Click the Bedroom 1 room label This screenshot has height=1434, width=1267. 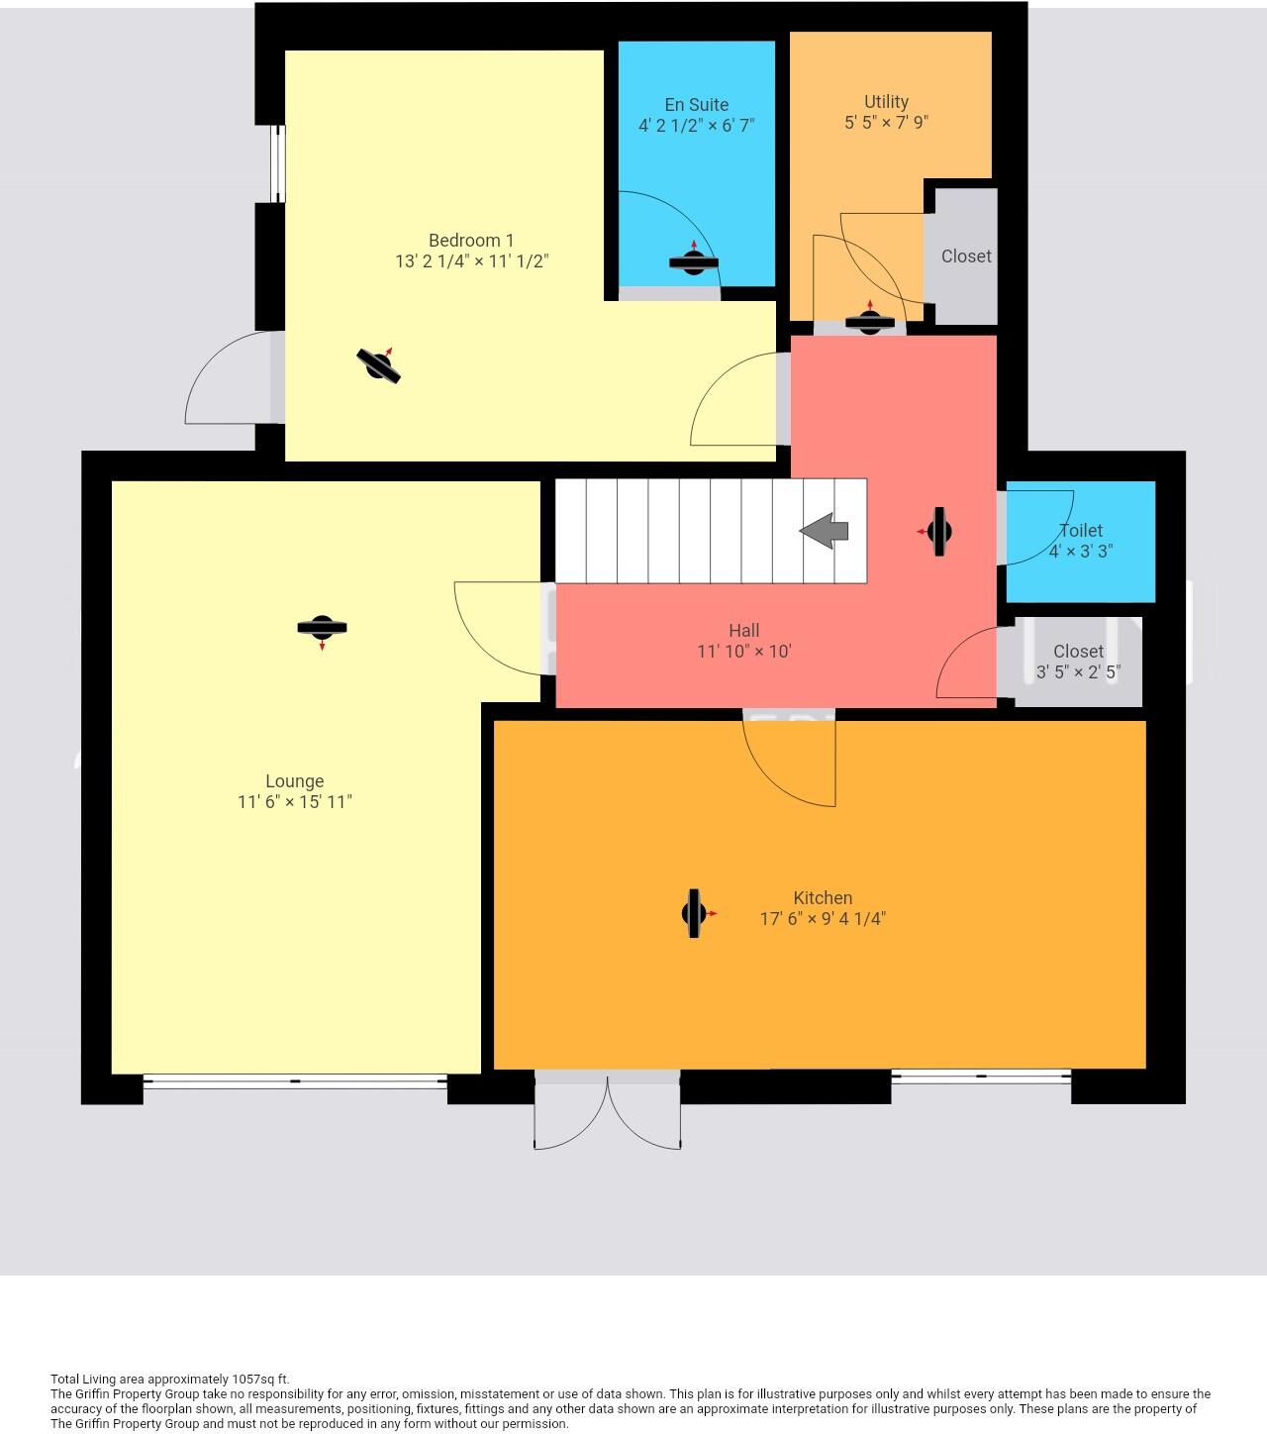pyautogui.click(x=471, y=241)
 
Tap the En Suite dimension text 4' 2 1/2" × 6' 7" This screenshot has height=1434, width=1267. pyautogui.click(x=697, y=126)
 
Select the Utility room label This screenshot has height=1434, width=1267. pyautogui.click(x=886, y=102)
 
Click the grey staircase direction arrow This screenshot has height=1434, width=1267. pyautogui.click(x=824, y=531)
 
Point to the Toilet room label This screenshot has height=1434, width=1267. pyautogui.click(x=1081, y=531)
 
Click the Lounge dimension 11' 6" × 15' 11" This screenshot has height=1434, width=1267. pyautogui.click(x=295, y=802)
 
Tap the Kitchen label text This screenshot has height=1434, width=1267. pyautogui.click(x=823, y=898)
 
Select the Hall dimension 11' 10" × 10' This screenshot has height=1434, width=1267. pyautogui.click(x=744, y=652)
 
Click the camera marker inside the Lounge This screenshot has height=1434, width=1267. pyautogui.click(x=322, y=627)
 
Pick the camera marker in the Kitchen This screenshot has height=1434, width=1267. pyautogui.click(x=695, y=914)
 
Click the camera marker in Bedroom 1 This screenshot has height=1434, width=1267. pyautogui.click(x=378, y=365)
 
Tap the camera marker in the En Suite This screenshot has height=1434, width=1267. pyautogui.click(x=693, y=261)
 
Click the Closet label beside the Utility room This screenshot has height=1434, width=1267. pyautogui.click(x=966, y=256)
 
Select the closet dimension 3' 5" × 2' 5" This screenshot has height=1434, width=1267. pyautogui.click(x=1078, y=672)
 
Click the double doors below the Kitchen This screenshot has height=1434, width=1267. pyautogui.click(x=608, y=1109)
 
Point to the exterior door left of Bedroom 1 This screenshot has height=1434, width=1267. pyautogui.click(x=230, y=381)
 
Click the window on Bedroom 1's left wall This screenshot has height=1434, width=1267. pyautogui.click(x=278, y=164)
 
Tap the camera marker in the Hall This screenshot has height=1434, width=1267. pyautogui.click(x=938, y=532)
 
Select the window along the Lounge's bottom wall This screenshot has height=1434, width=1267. pyautogui.click(x=295, y=1081)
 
